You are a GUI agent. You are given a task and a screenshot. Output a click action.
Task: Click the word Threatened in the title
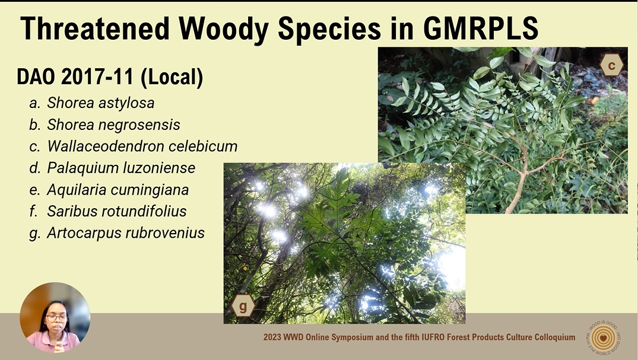pyautogui.click(x=94, y=28)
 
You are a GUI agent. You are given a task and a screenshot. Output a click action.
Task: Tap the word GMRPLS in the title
pyautogui.click(x=481, y=28)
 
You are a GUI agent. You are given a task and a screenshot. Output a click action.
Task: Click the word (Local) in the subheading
pyautogui.click(x=172, y=77)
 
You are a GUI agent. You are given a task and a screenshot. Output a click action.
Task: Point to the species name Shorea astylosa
pyautogui.click(x=100, y=103)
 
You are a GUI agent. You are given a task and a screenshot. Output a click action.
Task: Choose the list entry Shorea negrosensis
pyautogui.click(x=113, y=125)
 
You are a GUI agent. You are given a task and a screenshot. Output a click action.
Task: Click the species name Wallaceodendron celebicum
pyautogui.click(x=142, y=146)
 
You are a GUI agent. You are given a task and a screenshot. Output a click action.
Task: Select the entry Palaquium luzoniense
pyautogui.click(x=121, y=168)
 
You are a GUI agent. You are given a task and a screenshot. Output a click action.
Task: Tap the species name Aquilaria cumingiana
pyautogui.click(x=118, y=190)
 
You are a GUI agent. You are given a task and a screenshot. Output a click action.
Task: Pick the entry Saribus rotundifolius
pyautogui.click(x=116, y=211)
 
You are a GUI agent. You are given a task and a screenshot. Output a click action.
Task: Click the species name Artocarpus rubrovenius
pyautogui.click(x=126, y=233)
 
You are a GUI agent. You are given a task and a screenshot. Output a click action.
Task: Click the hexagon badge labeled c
pyautogui.click(x=611, y=65)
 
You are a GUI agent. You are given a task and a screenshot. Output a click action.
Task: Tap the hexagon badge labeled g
pyautogui.click(x=243, y=305)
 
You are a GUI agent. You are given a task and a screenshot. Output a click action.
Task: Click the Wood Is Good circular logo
pyautogui.click(x=604, y=337)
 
